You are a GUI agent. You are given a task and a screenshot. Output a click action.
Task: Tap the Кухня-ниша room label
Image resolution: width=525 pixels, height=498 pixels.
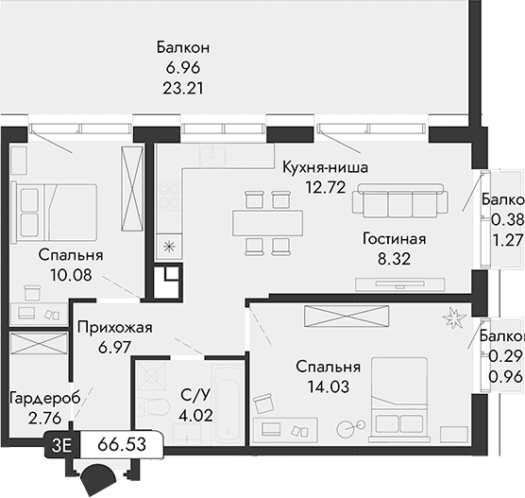325,167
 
